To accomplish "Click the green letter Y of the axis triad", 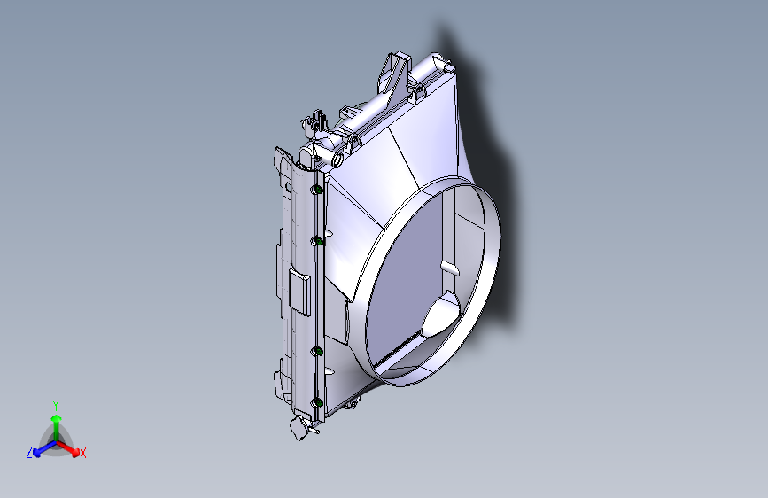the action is pos(56,405).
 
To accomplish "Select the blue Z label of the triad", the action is pos(29,453).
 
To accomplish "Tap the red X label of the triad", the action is pos(82,453).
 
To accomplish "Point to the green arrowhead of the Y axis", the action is pos(57,418).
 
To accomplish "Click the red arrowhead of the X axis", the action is pos(75,451).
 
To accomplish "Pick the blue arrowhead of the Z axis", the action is pos(37,453).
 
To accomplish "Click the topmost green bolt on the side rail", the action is pos(318,190).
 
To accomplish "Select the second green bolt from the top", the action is pos(318,241).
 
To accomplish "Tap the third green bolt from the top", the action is pos(318,351).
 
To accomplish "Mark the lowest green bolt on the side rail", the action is pos(318,402).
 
